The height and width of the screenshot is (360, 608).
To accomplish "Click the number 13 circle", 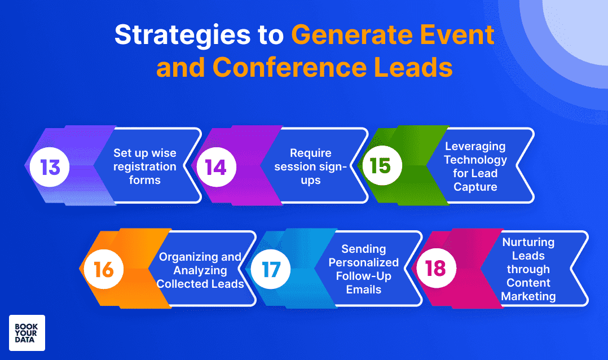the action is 50,167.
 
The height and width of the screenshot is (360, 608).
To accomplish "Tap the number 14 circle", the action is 216,167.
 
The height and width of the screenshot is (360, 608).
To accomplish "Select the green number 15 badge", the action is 382,166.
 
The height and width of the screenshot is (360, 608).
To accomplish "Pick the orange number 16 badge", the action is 104,269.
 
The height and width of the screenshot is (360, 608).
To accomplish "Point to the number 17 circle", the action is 270,269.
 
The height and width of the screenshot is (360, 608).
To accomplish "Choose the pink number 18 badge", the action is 436,268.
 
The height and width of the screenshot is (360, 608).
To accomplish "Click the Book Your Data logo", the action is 27,333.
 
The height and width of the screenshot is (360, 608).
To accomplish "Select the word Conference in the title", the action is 289,68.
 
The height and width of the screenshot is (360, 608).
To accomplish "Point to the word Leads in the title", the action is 413,68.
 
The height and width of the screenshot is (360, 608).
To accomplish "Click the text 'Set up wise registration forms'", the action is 144,166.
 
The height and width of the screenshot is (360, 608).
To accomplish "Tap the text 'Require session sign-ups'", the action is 311,166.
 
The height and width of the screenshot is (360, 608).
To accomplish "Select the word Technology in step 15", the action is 475,160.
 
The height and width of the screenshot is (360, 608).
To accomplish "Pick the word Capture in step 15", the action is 475,187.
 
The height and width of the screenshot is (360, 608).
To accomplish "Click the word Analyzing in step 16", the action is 200,270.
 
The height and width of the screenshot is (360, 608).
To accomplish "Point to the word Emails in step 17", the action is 364,289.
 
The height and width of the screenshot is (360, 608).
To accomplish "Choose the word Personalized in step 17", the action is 364,262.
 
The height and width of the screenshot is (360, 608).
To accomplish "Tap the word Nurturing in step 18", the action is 528,243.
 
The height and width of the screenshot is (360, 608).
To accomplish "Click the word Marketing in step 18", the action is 528,296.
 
